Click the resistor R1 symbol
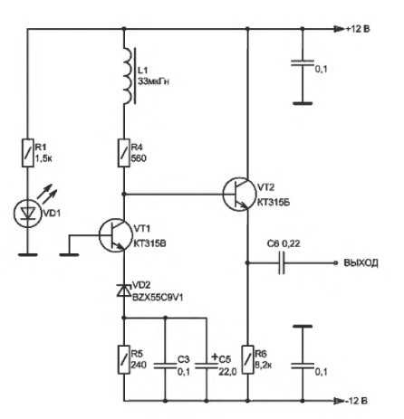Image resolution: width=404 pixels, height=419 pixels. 28,153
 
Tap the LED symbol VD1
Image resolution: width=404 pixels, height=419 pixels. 28,214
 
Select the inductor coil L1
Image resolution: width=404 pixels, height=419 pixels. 129,76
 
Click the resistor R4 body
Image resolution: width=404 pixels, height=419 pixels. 124,153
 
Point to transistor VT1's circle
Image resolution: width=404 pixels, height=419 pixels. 116,235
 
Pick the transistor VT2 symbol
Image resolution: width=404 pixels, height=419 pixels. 239,195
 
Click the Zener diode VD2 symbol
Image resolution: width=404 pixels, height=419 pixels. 124,290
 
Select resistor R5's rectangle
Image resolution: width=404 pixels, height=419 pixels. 124,359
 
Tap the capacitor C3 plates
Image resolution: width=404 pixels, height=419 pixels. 165,366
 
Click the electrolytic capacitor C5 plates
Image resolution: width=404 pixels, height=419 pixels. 207,366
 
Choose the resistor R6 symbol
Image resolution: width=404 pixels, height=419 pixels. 247,359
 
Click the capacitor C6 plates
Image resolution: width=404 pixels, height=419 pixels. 282,263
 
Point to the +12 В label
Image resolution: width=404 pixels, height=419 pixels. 358,29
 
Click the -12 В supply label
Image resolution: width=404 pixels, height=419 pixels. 356,401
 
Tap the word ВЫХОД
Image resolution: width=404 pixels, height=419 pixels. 361,263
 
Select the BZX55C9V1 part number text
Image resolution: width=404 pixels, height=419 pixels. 158,298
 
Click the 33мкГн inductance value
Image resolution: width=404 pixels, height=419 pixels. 153,81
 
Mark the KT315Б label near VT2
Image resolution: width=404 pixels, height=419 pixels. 274,203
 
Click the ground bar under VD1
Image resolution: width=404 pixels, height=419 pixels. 28,255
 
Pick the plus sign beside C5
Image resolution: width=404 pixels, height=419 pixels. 215,357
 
